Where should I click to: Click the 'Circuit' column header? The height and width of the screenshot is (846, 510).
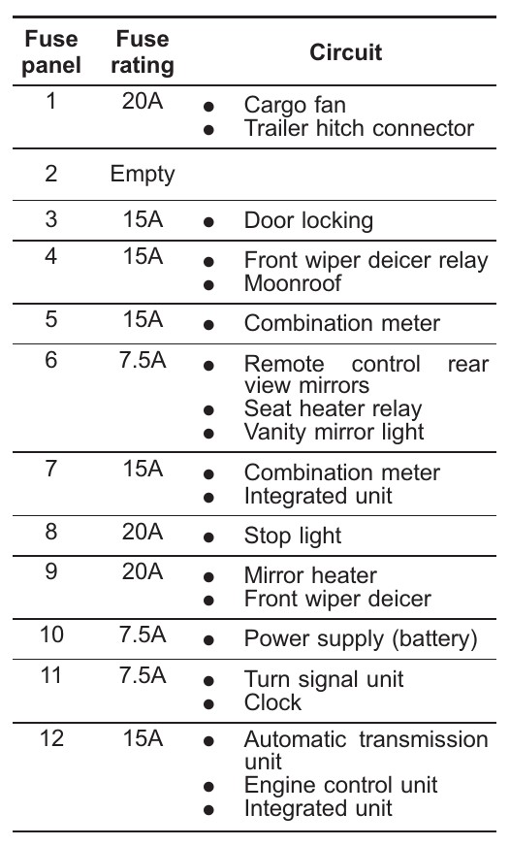coord(345,52)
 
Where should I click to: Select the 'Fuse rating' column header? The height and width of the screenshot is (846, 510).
coord(143,51)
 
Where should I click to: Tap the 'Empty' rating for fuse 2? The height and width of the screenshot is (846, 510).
coord(143,175)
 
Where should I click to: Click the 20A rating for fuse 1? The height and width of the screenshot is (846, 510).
coord(143,101)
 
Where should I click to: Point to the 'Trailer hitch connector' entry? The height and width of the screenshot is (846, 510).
coord(359,128)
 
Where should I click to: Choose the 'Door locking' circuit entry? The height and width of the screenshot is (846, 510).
coord(308,220)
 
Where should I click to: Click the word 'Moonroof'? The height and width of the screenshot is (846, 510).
coord(293,283)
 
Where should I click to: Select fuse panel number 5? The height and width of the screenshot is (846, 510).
coord(51,319)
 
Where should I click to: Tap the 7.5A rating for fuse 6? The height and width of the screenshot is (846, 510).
coord(143,360)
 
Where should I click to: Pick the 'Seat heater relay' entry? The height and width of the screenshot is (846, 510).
coord(333,409)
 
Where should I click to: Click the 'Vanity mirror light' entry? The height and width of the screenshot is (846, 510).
coord(334,432)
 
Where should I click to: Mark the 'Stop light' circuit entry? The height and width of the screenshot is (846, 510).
coord(293,536)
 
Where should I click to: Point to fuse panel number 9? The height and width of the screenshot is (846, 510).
coord(51,570)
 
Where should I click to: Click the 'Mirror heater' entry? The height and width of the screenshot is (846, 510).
coord(310,575)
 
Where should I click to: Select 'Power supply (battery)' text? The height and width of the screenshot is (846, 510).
coord(361,638)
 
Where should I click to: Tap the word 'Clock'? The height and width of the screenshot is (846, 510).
coord(272,702)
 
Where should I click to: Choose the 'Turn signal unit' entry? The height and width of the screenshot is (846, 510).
coord(324,679)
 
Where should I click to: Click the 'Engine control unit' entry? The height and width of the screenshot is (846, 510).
coord(340,786)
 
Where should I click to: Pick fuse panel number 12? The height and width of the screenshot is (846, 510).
coord(51,738)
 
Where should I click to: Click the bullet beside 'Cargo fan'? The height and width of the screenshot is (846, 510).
coord(208,107)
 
